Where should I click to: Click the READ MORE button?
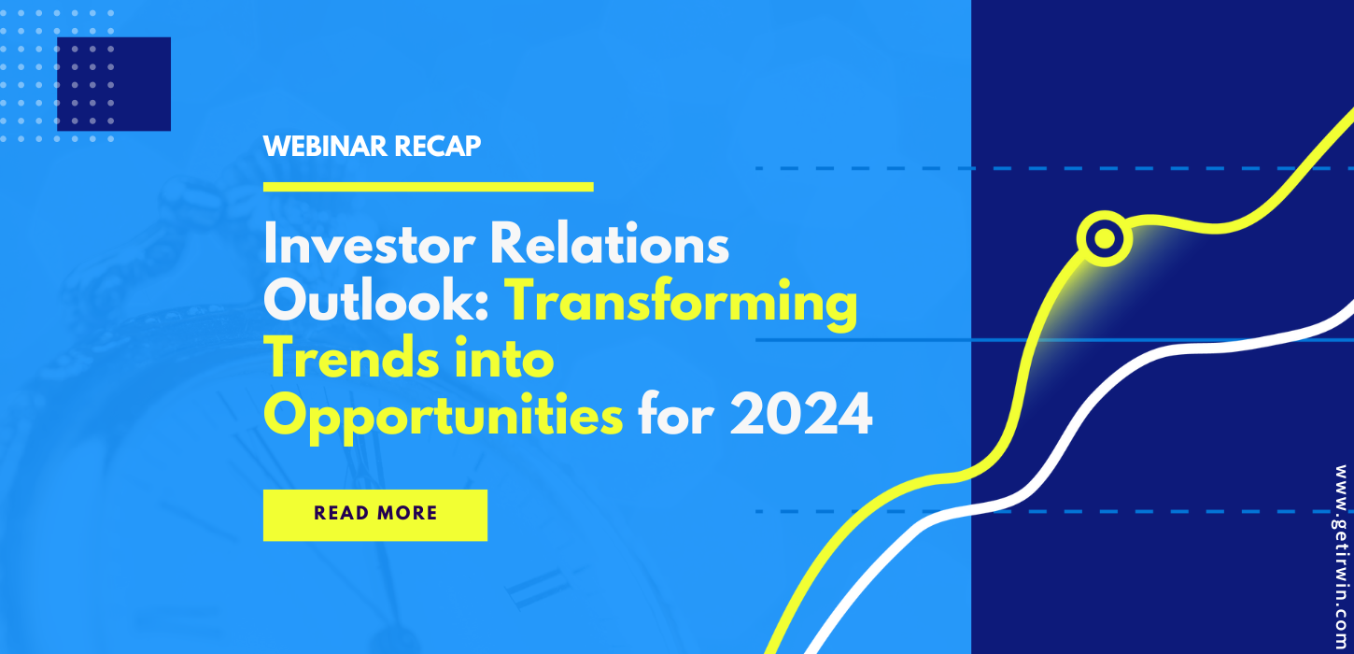pyautogui.click(x=374, y=514)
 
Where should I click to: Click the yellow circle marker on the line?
pyautogui.click(x=1105, y=239)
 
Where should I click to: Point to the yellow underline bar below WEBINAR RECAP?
pyautogui.click(x=428, y=187)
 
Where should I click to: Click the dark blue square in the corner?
pyautogui.click(x=114, y=84)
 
